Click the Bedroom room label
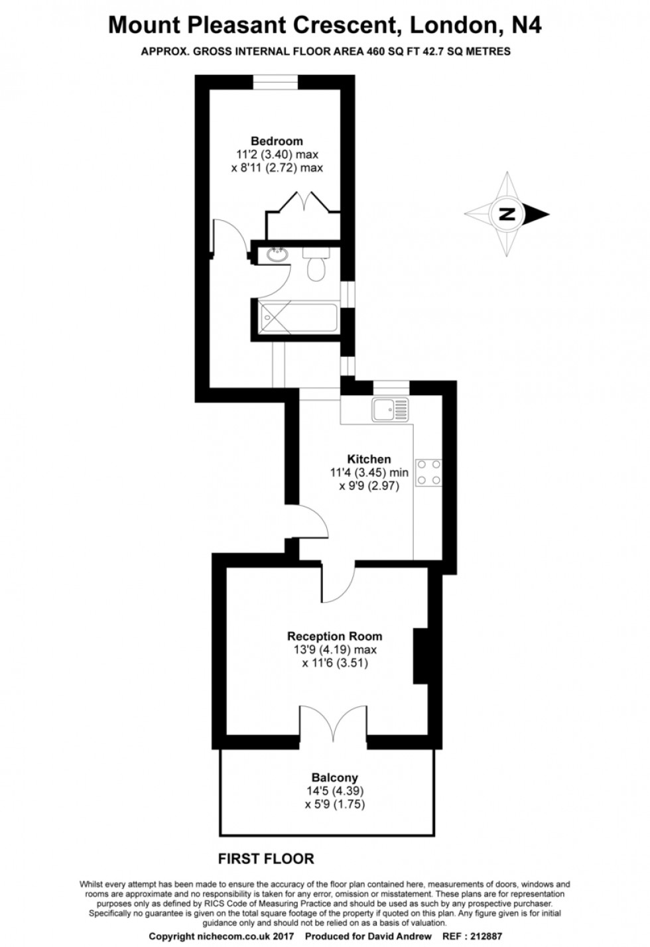pos(277,141)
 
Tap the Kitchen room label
pos(369,459)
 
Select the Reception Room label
pos(334,636)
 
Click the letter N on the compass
pos(507,214)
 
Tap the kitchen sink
pos(391,409)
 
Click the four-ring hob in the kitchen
pos(428,473)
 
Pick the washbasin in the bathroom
pos(277,255)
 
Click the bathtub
pos(299,318)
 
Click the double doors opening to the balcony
pos(333,722)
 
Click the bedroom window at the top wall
pos(275,82)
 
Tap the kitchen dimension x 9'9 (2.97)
pos(369,486)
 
